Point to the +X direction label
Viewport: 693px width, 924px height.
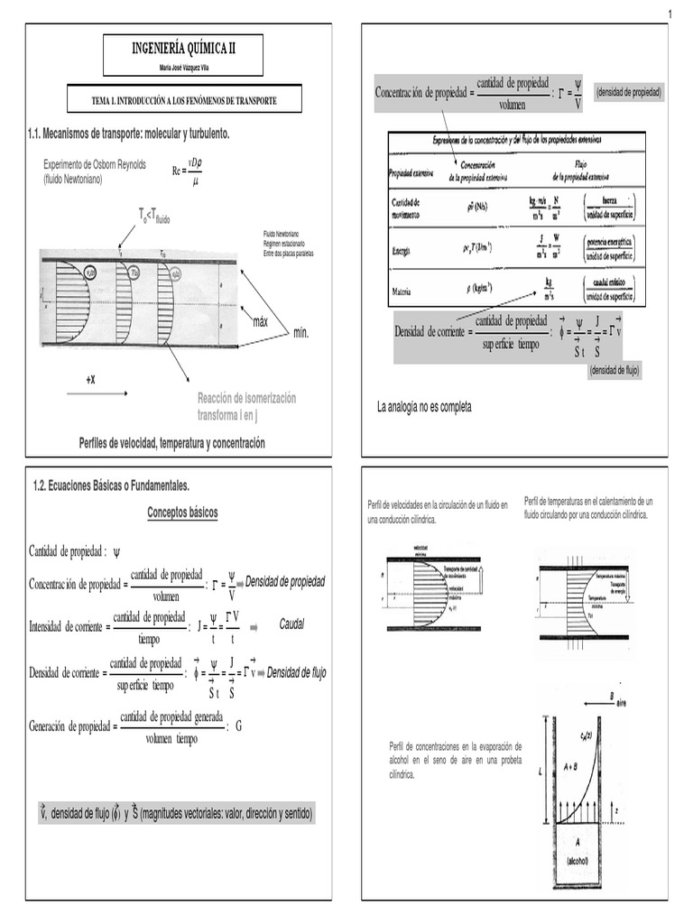(90, 380)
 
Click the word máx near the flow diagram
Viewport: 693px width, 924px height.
(261, 322)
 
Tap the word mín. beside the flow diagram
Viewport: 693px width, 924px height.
(300, 333)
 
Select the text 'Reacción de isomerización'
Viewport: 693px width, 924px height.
(246, 398)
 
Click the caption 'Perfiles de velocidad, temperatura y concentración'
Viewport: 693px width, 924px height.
(172, 443)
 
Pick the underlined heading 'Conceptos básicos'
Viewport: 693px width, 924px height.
(182, 513)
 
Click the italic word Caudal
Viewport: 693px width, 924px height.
(292, 624)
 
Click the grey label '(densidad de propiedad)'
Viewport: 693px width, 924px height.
(629, 92)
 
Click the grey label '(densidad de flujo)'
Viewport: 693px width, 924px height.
(614, 371)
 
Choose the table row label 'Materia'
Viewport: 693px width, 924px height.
(402, 291)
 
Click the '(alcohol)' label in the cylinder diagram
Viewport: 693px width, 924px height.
(577, 861)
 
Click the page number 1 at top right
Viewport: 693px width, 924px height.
(672, 12)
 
